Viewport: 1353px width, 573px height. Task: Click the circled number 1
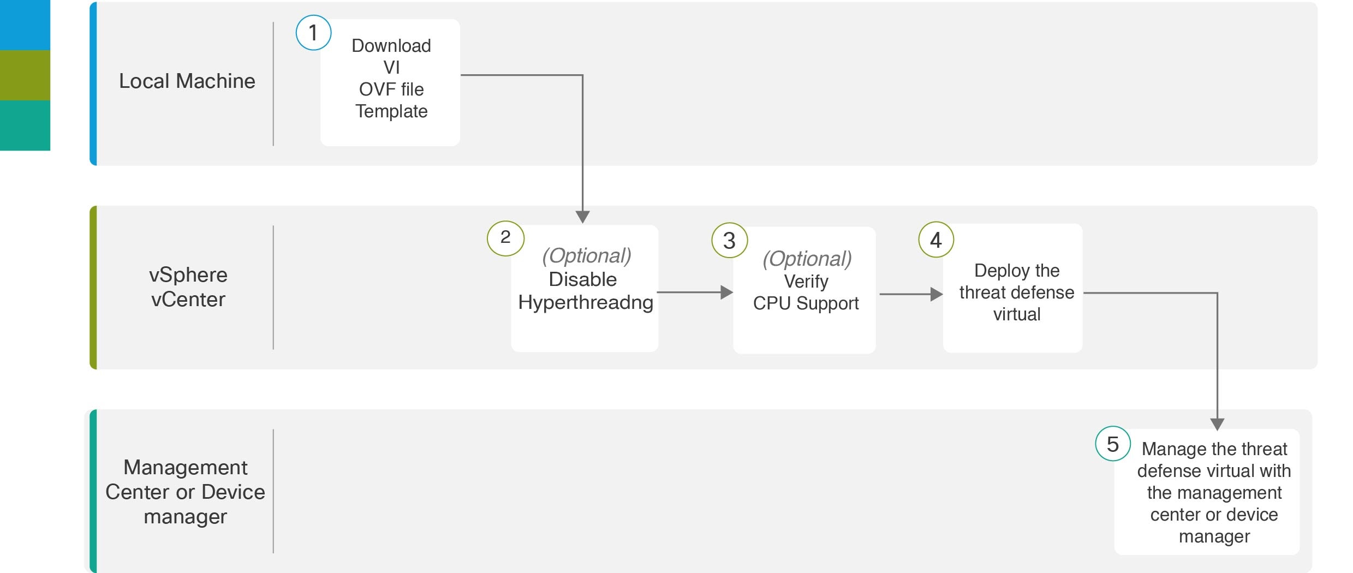pyautogui.click(x=313, y=33)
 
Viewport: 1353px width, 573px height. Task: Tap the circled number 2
pyautogui.click(x=505, y=238)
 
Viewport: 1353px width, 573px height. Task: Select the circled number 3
pyautogui.click(x=730, y=240)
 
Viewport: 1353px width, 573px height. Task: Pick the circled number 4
pyautogui.click(x=936, y=240)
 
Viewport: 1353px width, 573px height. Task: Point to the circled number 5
pyautogui.click(x=1113, y=444)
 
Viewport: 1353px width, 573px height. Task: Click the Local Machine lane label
pyautogui.click(x=187, y=81)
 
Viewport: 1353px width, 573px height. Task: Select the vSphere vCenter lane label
pyautogui.click(x=188, y=287)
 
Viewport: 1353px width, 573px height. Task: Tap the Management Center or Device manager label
pyautogui.click(x=186, y=492)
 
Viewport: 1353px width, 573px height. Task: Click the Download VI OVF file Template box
pyautogui.click(x=390, y=82)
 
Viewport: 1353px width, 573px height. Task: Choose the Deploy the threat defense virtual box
pyautogui.click(x=1013, y=288)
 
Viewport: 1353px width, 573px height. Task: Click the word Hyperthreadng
pyautogui.click(x=586, y=302)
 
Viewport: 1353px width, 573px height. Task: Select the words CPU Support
pyautogui.click(x=806, y=303)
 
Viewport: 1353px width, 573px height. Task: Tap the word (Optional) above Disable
pyautogui.click(x=587, y=255)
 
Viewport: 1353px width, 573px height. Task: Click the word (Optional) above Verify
pyautogui.click(x=807, y=259)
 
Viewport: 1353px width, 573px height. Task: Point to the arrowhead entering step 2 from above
pyautogui.click(x=583, y=217)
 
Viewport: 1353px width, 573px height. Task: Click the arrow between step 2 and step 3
pyautogui.click(x=695, y=293)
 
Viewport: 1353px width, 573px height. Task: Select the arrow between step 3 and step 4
pyautogui.click(x=911, y=294)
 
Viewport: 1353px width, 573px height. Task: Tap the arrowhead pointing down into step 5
pyautogui.click(x=1217, y=424)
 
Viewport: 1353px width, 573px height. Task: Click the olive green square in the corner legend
pyautogui.click(x=25, y=75)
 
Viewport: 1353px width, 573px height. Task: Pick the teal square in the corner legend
pyautogui.click(x=25, y=126)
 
